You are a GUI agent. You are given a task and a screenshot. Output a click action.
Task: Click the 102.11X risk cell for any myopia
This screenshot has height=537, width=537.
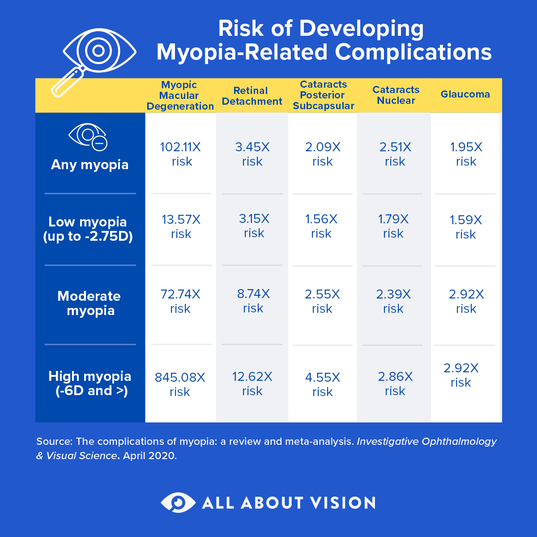click(x=181, y=154)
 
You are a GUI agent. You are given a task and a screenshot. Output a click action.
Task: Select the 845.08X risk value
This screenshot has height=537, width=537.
click(x=180, y=384)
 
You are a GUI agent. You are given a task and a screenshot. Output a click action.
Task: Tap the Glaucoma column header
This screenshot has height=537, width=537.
click(x=465, y=94)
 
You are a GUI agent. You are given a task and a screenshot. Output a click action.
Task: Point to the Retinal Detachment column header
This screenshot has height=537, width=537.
click(x=251, y=96)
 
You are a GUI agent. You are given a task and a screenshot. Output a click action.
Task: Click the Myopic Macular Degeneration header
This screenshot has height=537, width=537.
click(x=180, y=95)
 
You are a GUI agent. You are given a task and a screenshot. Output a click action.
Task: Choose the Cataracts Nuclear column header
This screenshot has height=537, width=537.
click(x=396, y=95)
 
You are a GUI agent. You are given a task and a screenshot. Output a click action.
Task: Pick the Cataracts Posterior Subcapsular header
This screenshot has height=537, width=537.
click(x=323, y=95)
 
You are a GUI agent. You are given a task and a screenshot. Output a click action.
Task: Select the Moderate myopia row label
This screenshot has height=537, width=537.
click(x=89, y=303)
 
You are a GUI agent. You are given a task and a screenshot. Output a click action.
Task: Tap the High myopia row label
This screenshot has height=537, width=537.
click(x=90, y=383)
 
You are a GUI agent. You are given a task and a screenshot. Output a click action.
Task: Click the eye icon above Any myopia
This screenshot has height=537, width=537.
click(x=88, y=136)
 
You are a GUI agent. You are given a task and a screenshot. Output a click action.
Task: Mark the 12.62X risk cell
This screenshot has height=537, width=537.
click(x=252, y=384)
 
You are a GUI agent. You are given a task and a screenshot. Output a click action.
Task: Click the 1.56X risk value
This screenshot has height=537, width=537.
click(x=321, y=226)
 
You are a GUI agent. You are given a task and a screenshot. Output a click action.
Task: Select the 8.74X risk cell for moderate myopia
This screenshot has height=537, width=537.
click(x=253, y=301)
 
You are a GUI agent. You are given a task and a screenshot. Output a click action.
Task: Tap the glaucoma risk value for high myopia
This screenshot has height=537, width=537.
click(x=461, y=375)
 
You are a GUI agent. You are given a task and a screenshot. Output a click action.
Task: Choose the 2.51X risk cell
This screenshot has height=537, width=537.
click(x=395, y=154)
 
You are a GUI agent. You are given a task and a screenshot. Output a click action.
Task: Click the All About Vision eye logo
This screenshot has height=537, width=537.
click(x=178, y=502)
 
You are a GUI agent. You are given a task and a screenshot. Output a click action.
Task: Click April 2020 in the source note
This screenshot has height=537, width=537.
click(x=150, y=456)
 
